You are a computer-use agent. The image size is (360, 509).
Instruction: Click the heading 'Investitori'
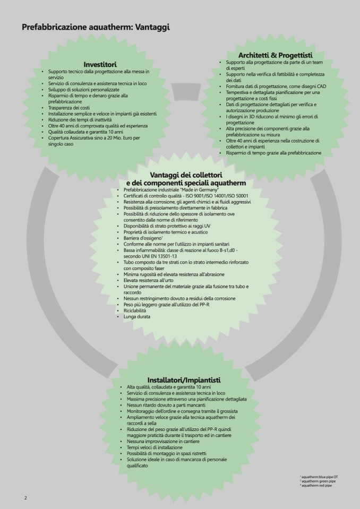click(100, 64)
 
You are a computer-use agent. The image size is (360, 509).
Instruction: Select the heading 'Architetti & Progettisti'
click(275, 55)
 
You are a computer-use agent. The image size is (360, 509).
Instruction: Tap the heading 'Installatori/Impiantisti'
click(184, 380)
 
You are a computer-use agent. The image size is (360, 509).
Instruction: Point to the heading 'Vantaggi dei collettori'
click(186, 175)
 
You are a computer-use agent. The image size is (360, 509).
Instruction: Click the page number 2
click(25, 497)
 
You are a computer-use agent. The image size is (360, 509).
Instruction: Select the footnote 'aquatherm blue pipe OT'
click(319, 477)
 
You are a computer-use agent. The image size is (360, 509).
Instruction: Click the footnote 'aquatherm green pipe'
click(318, 481)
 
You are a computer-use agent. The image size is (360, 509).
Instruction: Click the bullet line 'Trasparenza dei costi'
click(69, 108)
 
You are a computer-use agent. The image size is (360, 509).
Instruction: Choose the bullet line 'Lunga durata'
click(137, 317)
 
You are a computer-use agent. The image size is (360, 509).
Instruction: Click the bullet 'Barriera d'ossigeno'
click(142, 238)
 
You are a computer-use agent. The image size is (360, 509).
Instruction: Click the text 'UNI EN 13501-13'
click(158, 256)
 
